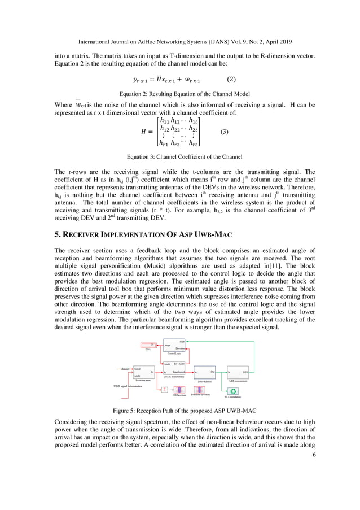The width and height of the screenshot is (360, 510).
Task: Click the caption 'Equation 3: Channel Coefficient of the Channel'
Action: pyautogui.click(x=180, y=156)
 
